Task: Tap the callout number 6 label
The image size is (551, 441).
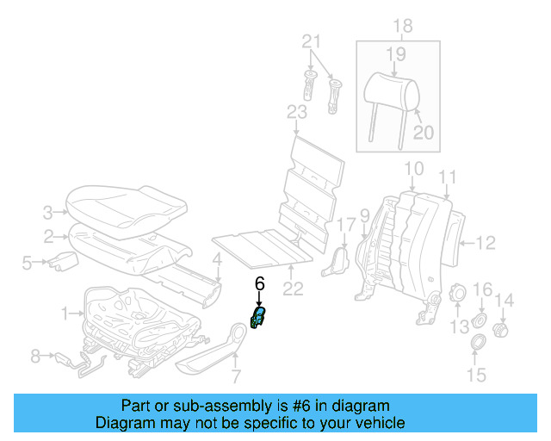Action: [x=259, y=282]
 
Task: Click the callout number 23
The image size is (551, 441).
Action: [x=296, y=112]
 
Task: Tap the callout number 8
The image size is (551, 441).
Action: [x=35, y=354]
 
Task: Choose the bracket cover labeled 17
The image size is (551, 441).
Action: [x=335, y=261]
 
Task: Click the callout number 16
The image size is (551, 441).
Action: [x=484, y=289]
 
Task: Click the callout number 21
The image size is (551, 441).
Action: [x=311, y=40]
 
